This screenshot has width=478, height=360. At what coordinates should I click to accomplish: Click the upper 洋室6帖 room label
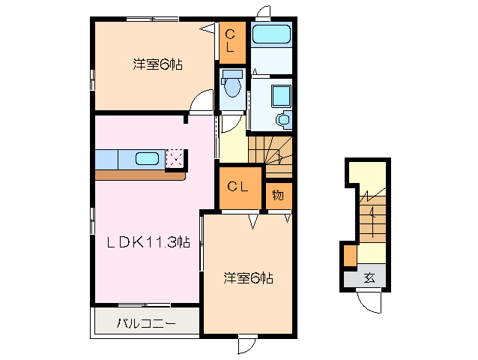(157, 64)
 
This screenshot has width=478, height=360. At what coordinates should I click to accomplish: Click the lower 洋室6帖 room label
(248, 278)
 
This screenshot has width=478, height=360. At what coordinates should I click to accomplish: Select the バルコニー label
(146, 324)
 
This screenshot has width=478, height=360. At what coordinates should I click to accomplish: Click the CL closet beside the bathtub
(232, 42)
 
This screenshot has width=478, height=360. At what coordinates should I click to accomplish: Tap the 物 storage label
(278, 195)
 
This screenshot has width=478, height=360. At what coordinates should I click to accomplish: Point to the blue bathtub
(270, 34)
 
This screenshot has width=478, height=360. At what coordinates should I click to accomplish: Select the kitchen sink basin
(147, 158)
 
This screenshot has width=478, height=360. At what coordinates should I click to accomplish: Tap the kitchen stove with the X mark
(175, 157)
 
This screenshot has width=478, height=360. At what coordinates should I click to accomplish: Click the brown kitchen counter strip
(139, 175)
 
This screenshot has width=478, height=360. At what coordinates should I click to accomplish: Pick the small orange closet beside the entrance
(350, 256)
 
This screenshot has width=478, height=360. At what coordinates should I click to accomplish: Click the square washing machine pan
(282, 95)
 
